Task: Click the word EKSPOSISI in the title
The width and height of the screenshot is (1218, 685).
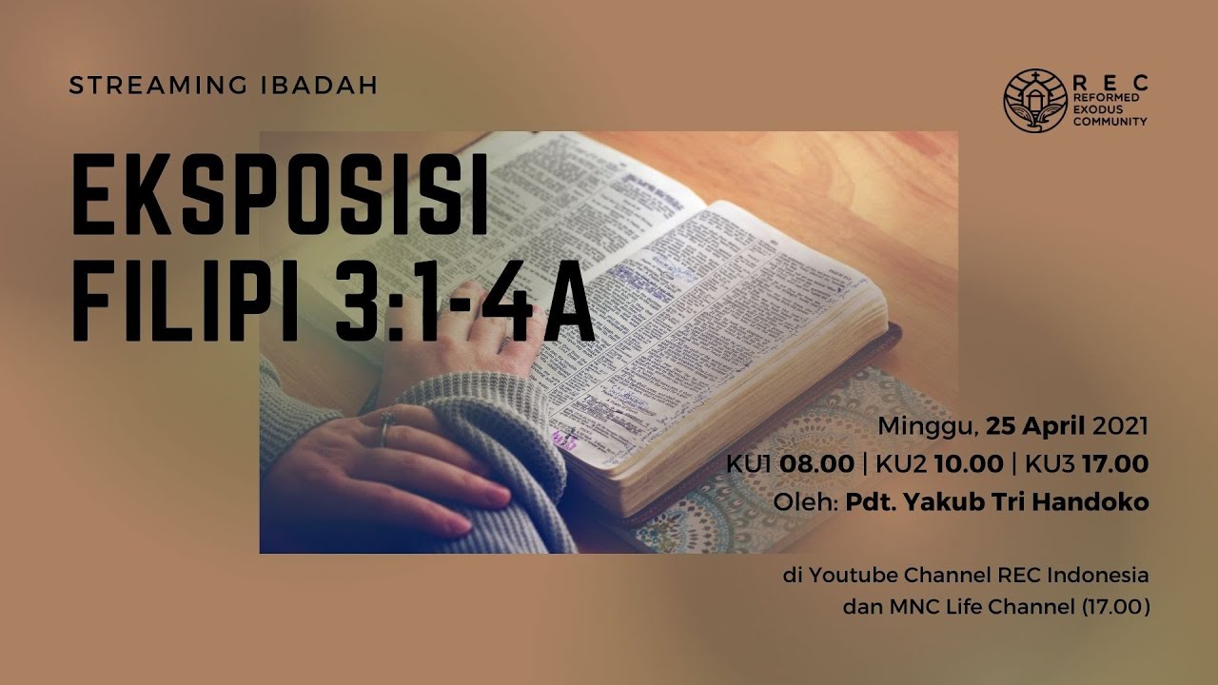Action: point(281,205)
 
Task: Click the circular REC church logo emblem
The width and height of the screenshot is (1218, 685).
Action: point(1034,100)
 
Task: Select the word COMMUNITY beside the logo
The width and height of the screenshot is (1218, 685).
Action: point(1110,122)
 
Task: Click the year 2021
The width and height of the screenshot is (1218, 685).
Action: point(1121,425)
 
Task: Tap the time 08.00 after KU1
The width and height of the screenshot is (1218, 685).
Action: point(815,464)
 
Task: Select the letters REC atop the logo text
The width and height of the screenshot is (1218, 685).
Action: point(1110,84)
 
